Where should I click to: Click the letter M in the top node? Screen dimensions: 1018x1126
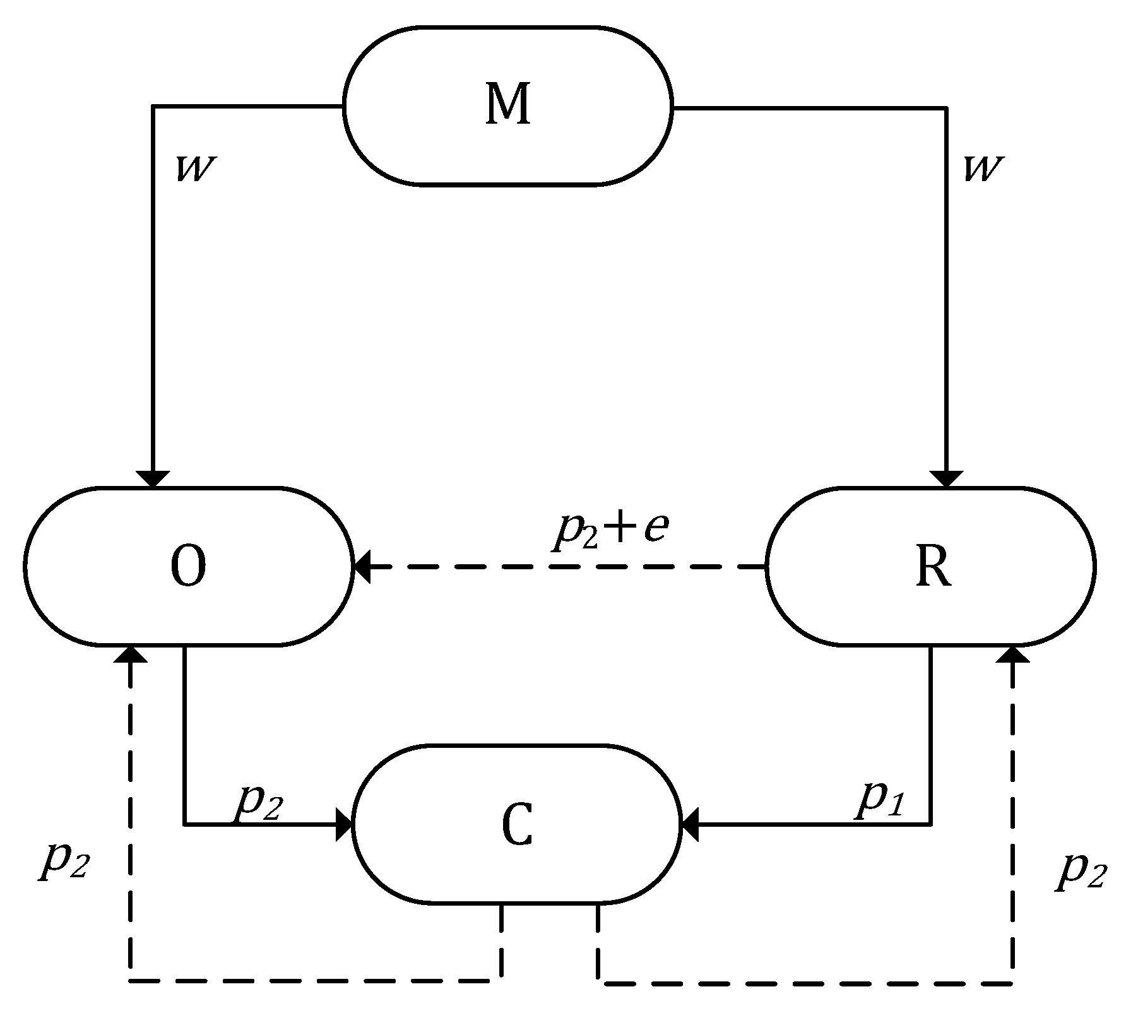click(x=507, y=105)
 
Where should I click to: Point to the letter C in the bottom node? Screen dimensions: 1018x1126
click(x=517, y=824)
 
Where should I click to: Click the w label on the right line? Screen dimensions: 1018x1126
click(x=983, y=169)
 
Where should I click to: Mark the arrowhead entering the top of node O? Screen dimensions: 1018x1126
click(x=153, y=478)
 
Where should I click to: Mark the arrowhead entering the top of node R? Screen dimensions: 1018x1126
click(x=946, y=478)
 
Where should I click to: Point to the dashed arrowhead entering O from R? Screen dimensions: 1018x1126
click(x=362, y=567)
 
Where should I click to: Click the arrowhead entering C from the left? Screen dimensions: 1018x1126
click(x=344, y=824)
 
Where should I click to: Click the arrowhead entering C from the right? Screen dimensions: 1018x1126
click(x=690, y=824)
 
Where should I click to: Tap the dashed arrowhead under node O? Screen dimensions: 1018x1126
click(x=131, y=654)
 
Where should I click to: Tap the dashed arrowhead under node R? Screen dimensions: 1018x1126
click(x=1012, y=654)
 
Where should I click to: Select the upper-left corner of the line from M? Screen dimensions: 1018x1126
click(x=153, y=107)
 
